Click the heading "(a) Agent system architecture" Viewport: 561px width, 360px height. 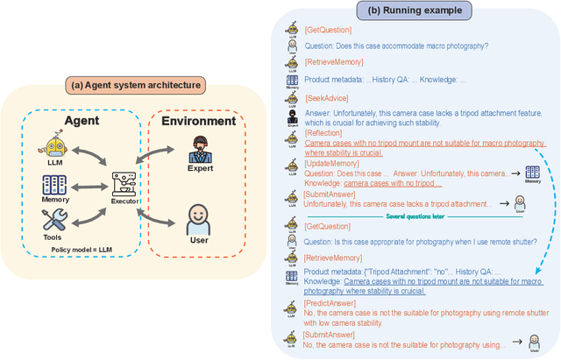coord(135,85)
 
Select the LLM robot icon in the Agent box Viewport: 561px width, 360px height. coord(55,148)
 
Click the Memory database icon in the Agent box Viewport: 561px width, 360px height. coord(55,186)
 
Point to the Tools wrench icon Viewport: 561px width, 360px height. coord(56,221)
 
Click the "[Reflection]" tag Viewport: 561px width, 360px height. coord(323,132)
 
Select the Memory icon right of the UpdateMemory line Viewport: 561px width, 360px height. coord(532,173)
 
